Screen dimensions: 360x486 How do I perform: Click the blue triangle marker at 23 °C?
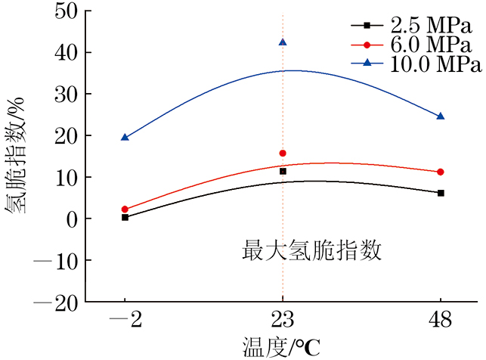pyautogui.click(x=283, y=42)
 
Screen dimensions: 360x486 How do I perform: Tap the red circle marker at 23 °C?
pyautogui.click(x=283, y=154)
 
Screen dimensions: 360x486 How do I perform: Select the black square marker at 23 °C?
pyautogui.click(x=283, y=172)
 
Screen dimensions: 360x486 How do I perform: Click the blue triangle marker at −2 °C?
pyautogui.click(x=125, y=137)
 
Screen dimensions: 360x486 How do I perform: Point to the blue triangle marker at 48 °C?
pyautogui.click(x=441, y=116)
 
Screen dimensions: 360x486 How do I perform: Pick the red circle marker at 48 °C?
pyautogui.click(x=441, y=172)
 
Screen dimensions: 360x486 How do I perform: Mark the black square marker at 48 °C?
pyautogui.click(x=441, y=193)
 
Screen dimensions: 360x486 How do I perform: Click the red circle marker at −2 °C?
pyautogui.click(x=125, y=209)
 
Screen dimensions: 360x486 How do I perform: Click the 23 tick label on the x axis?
pyautogui.click(x=283, y=320)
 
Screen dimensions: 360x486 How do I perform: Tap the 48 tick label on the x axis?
pyautogui.click(x=441, y=320)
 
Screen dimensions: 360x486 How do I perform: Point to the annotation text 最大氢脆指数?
pyautogui.click(x=312, y=250)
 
